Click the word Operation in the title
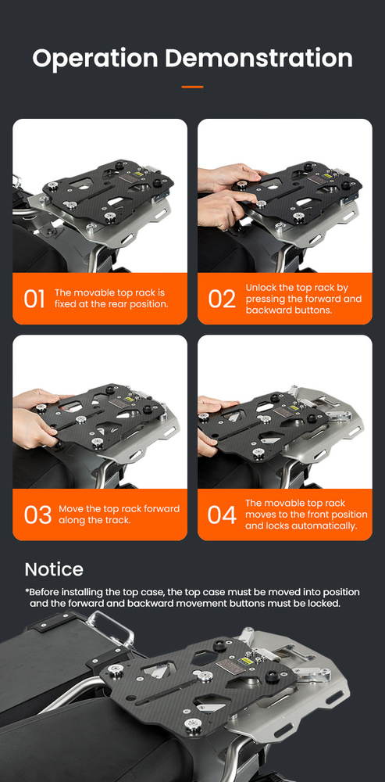[95, 59]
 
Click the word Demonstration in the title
[259, 58]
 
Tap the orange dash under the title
[192, 87]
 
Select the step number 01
[34, 298]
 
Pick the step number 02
[222, 298]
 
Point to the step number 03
[37, 515]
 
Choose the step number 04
[222, 515]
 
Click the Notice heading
[54, 569]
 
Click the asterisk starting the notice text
[27, 591]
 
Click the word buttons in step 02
[315, 310]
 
